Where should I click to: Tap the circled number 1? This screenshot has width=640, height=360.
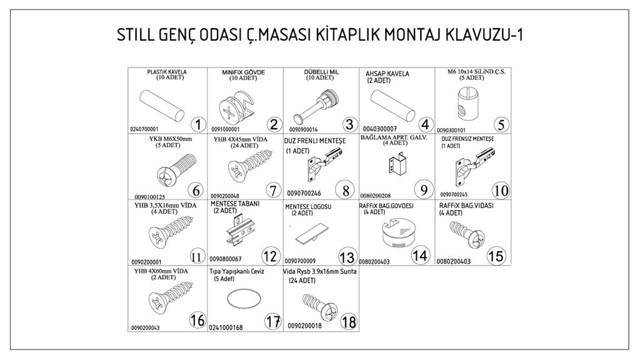click(x=197, y=124)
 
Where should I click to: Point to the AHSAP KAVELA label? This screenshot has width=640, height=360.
click(x=387, y=73)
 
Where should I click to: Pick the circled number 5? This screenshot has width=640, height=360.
click(x=501, y=124)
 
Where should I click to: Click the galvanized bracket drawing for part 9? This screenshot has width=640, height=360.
click(x=396, y=167)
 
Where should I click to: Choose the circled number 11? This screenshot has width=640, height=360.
click(x=197, y=256)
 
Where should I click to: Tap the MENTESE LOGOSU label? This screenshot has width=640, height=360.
click(x=308, y=207)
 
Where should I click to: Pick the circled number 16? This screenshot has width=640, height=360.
click(x=197, y=321)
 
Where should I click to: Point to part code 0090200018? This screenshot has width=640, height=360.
click(x=305, y=326)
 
